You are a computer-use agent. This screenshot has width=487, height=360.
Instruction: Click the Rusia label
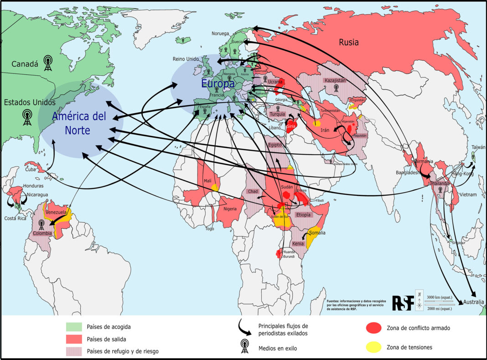(348, 42)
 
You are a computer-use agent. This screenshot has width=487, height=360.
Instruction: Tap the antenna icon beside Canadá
(48, 63)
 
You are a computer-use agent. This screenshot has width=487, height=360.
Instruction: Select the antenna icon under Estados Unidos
(28, 117)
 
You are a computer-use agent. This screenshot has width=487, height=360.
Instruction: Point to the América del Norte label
(78, 123)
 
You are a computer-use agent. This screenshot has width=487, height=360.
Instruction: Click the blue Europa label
(218, 84)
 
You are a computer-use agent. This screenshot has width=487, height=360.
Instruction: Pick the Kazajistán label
(337, 80)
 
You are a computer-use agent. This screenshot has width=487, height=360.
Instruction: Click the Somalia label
(317, 233)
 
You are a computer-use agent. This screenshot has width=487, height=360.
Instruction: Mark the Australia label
(473, 302)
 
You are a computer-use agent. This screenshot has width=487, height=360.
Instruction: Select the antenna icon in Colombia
(41, 224)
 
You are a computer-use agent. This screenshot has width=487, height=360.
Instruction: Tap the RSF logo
(403, 303)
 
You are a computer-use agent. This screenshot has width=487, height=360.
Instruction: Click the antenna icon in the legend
(245, 347)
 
